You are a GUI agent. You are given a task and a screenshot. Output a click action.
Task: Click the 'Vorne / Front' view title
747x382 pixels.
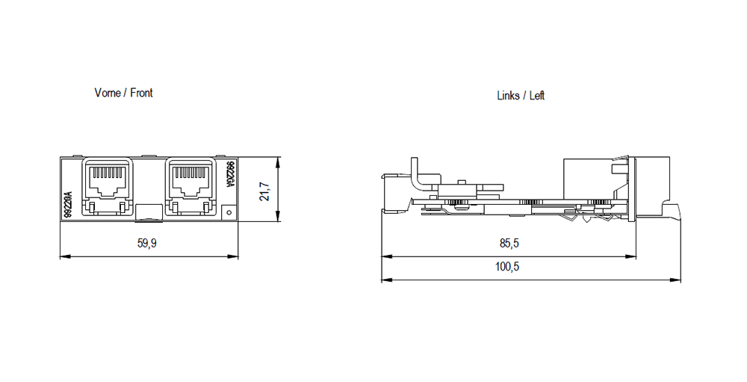coord(123,93)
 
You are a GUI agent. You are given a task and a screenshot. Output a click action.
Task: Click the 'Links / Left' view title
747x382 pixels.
coord(521,96)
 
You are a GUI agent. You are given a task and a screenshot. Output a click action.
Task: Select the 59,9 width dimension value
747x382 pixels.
coord(148,244)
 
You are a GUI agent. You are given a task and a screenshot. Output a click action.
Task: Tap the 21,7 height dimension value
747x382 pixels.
coord(264,191)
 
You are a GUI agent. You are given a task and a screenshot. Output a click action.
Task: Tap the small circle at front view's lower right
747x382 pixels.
coord(229,212)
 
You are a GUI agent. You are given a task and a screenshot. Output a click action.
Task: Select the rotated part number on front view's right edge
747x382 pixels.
coord(230,175)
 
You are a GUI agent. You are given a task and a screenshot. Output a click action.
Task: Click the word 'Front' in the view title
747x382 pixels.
coord(141,93)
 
